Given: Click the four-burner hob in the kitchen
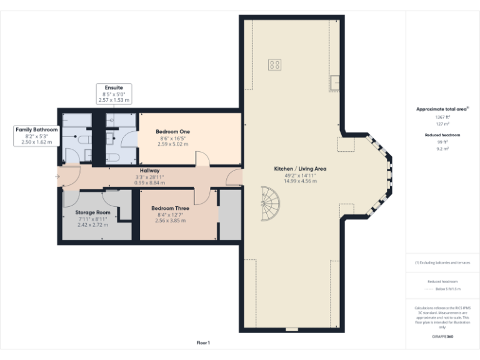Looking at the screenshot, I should coord(274,64).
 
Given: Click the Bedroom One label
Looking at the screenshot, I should coord(172,131).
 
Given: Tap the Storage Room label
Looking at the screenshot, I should coord(92,212).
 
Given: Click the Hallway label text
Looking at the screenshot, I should coord(149,171).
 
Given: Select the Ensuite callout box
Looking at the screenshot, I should coord(114,94).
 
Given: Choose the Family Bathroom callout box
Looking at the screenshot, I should coord(36,136).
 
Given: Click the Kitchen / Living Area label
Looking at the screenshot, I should coord(300,169).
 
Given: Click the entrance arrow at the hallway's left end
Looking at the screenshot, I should coord(57,176).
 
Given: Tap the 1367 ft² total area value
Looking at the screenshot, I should coord(442,117).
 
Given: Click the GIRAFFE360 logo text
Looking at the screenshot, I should coord(442,336).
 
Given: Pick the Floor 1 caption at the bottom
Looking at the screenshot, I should coord(203,342).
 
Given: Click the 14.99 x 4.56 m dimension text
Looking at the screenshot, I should coord(300,181).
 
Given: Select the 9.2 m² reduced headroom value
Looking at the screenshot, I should coord(442,149).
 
